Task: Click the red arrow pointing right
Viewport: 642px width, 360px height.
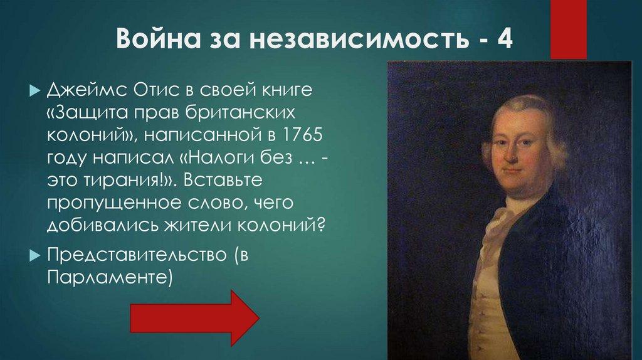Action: [194, 317]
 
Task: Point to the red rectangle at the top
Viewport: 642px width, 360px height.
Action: [568, 28]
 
